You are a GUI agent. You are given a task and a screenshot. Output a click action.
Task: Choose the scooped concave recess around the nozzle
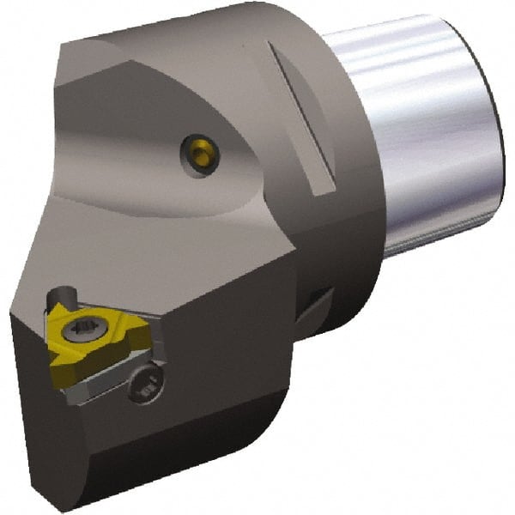pyautogui.click(x=163, y=146)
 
